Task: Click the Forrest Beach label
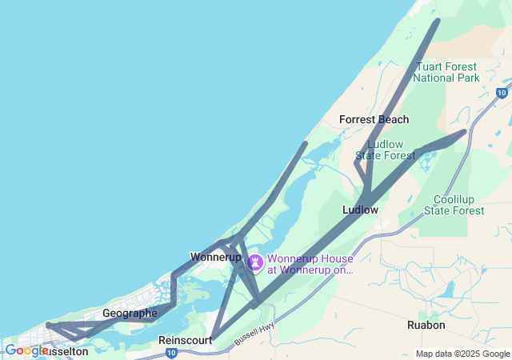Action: (x=374, y=119)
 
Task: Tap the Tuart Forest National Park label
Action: (x=446, y=72)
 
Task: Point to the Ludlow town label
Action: (x=360, y=210)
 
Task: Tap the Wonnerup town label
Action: (x=215, y=257)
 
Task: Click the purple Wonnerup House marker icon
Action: (x=255, y=262)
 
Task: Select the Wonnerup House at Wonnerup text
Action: (x=310, y=264)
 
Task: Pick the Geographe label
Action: (x=130, y=313)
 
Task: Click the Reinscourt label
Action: (x=185, y=340)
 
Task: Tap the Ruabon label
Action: (x=426, y=326)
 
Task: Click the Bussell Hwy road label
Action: (x=254, y=334)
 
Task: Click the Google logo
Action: (x=26, y=350)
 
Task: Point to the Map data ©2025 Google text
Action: (x=462, y=354)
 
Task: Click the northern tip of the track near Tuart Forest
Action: (x=437, y=21)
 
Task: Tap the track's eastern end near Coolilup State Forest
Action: (x=465, y=131)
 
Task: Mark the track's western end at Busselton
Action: (x=48, y=325)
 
